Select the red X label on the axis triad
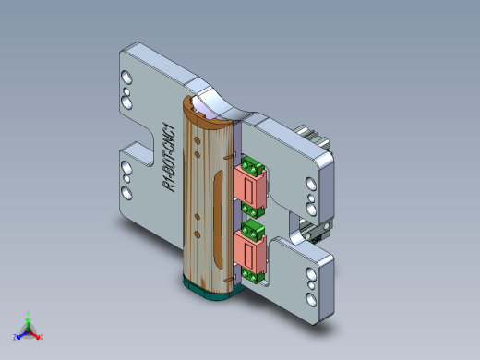click(42, 337)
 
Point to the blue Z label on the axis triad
click(16, 336)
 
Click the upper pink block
click(251, 188)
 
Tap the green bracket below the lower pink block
click(253, 273)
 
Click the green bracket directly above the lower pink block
click(252, 227)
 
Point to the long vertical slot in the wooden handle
click(216, 217)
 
